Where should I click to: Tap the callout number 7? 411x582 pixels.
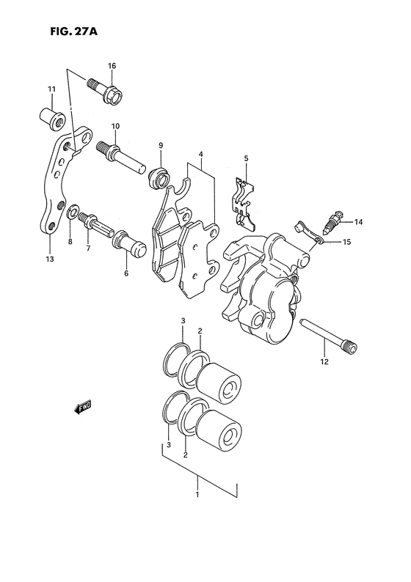pos(87,248)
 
